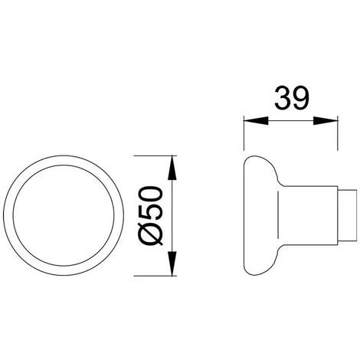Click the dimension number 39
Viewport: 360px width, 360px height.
point(292,98)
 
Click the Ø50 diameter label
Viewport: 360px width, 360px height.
point(149,216)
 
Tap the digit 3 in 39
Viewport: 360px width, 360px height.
point(283,98)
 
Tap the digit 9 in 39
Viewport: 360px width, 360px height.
point(300,98)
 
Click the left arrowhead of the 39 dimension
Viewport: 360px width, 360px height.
point(256,121)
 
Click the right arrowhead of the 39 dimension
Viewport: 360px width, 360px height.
point(326,121)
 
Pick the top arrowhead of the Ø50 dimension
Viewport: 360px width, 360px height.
point(173,168)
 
